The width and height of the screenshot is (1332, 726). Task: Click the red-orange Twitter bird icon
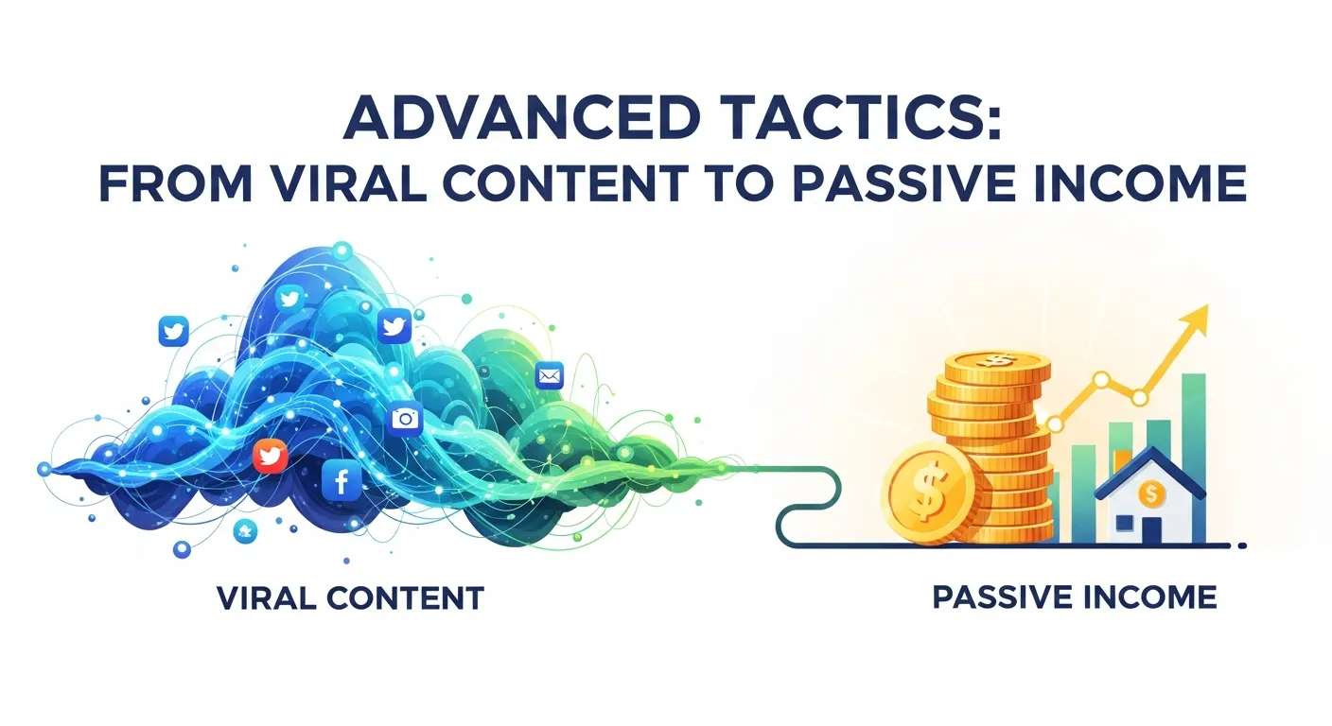[x=271, y=458]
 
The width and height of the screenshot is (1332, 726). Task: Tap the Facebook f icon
[x=341, y=482]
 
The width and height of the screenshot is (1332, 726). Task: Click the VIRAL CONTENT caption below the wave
[x=350, y=597]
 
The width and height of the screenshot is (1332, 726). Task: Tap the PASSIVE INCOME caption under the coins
[x=1074, y=597]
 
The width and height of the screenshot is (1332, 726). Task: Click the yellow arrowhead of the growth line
[x=1199, y=320]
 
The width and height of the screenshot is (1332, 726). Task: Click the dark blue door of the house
[x=1152, y=529]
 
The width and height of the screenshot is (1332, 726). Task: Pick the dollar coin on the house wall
[x=1151, y=493]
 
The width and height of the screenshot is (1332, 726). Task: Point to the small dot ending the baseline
[x=1242, y=545]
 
